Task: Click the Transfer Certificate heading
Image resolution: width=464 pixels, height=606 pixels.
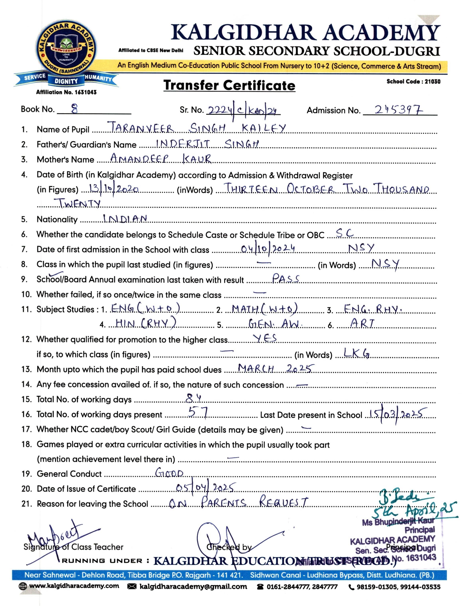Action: [229, 85]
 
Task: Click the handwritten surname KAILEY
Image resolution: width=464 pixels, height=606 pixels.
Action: [264, 128]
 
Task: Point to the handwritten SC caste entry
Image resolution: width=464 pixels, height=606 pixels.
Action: [344, 233]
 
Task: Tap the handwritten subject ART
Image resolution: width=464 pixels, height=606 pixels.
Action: [362, 323]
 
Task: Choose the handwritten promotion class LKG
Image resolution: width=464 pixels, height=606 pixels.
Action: [356, 353]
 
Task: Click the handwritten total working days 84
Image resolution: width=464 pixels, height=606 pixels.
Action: [193, 398]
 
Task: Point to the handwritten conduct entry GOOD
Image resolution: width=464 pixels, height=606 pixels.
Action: [169, 473]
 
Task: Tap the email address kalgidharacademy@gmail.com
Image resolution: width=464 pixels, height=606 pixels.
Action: [193, 586]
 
